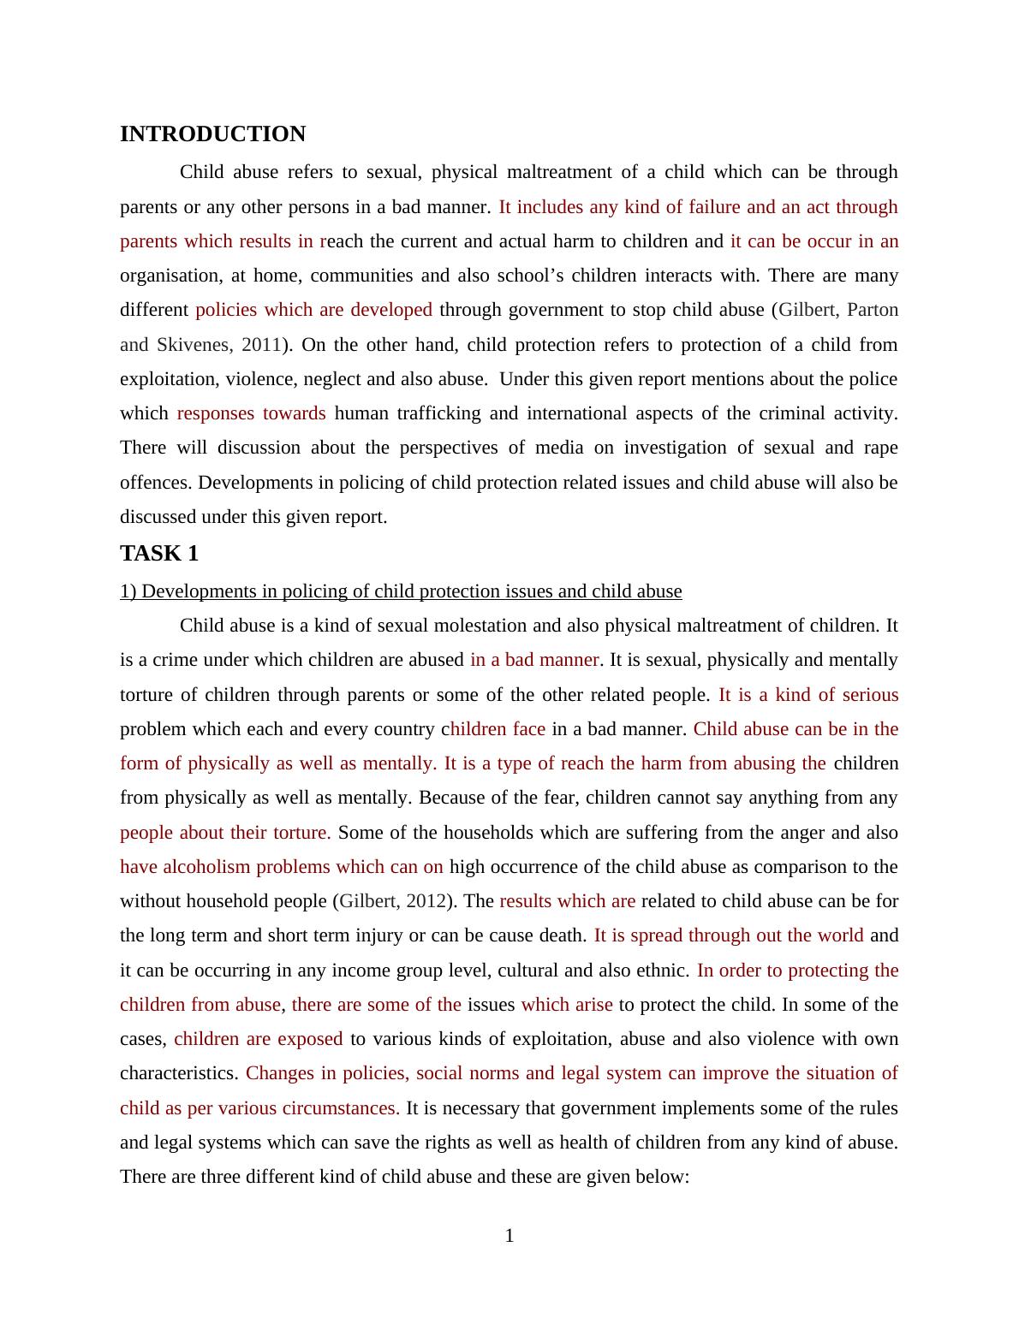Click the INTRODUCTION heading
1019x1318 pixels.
click(x=212, y=134)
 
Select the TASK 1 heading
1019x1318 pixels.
click(x=159, y=554)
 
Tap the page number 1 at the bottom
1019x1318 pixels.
click(x=509, y=1235)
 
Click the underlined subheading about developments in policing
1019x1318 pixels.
click(x=401, y=591)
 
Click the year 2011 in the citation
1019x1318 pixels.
click(x=261, y=345)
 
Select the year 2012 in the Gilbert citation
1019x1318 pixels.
click(x=426, y=901)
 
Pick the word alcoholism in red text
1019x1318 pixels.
click(x=206, y=867)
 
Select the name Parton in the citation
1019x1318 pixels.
click(x=872, y=310)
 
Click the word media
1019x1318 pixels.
click(x=558, y=448)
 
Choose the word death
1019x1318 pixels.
click(x=563, y=935)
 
